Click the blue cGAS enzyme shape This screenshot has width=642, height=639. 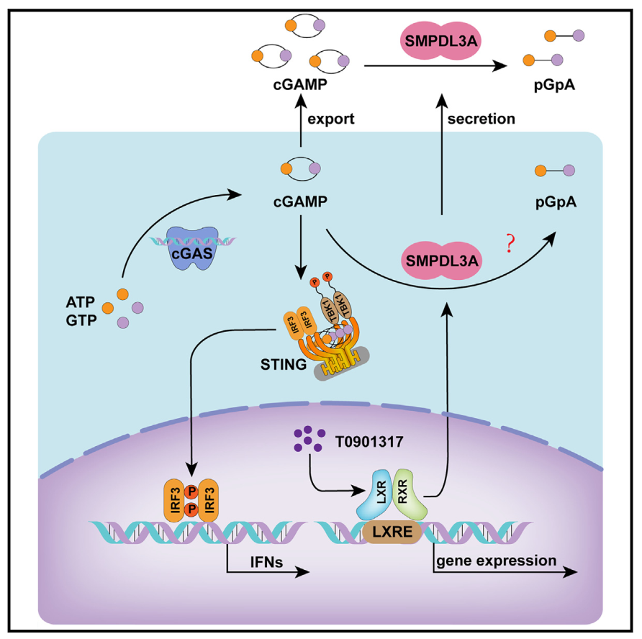tap(192, 248)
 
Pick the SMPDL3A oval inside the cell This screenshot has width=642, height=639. tap(442, 258)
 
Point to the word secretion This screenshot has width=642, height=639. tap(481, 119)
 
